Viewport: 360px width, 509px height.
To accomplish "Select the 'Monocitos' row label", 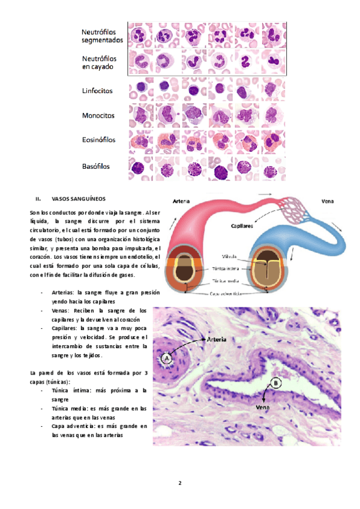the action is point(98,115).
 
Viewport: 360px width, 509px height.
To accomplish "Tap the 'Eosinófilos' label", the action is point(99,140).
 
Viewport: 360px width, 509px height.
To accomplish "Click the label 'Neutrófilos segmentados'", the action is point(102,35).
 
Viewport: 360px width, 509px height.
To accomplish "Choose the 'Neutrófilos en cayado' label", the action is point(99,63).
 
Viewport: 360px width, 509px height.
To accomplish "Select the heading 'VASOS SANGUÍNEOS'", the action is point(79,198).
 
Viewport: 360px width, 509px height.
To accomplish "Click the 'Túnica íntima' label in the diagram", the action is point(230,270).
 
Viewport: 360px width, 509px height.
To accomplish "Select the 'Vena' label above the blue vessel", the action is point(328,202).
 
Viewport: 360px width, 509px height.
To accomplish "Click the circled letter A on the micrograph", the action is point(167,358).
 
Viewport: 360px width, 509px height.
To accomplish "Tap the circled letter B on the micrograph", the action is point(275,382).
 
